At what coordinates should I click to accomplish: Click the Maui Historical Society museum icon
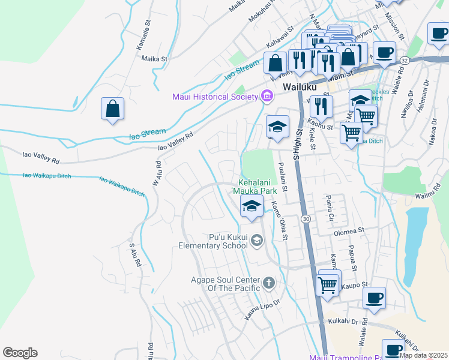tap(266, 97)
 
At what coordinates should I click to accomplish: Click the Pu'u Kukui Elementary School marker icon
tap(257, 241)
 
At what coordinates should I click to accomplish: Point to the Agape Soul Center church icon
tap(269, 281)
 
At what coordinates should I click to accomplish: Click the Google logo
tap(20, 353)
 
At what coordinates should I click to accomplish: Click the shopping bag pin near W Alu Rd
tap(112, 109)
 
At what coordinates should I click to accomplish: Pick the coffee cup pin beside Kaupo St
tap(374, 298)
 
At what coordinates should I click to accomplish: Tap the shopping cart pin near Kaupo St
tap(327, 285)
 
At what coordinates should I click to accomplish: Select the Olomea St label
tap(349, 230)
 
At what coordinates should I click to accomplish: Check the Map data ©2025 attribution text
tap(423, 355)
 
